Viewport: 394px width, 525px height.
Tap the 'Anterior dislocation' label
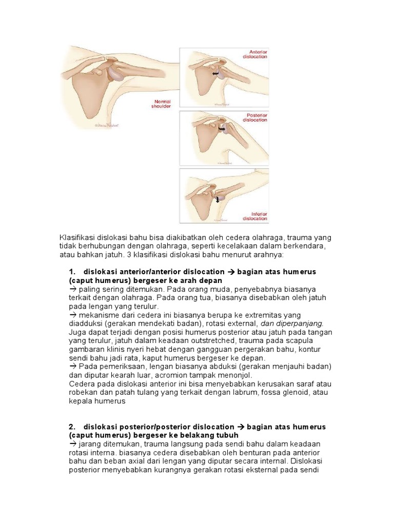[258, 54]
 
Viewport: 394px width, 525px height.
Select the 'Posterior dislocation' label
[258, 117]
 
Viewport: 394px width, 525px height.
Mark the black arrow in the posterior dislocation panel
[223, 129]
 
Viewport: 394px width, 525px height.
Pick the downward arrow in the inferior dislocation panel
[218, 199]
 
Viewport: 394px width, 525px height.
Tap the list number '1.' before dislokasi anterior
[72, 271]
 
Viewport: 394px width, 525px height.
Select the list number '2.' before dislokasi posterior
[72, 427]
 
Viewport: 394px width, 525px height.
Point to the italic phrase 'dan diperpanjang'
[292, 324]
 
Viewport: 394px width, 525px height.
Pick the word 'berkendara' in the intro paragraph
[306, 246]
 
